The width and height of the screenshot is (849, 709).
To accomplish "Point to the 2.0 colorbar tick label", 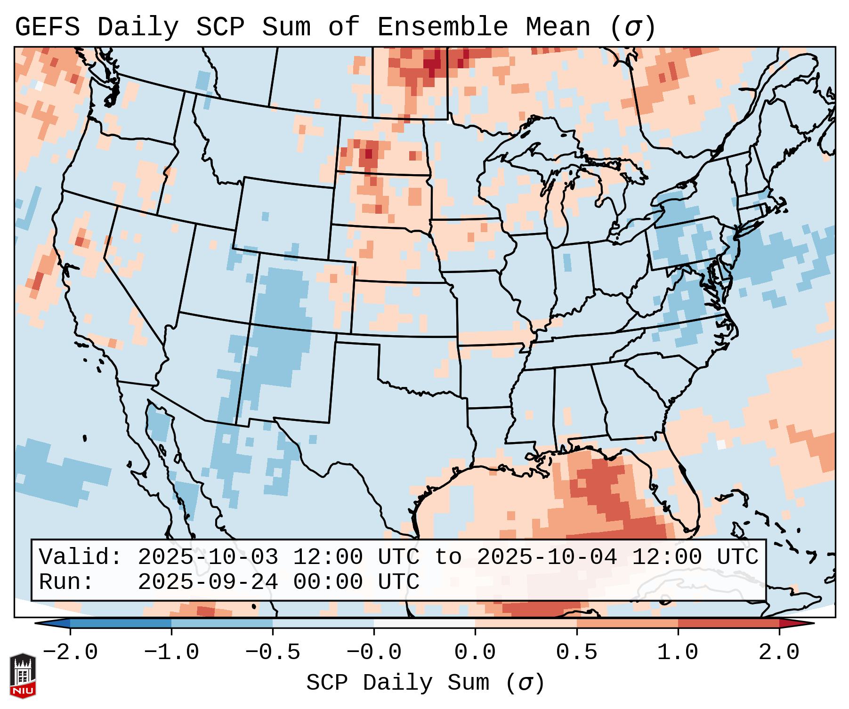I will coord(779,653).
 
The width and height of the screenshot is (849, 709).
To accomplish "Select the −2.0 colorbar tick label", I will coord(70,653).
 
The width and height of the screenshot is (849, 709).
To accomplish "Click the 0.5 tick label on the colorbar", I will coord(576,653).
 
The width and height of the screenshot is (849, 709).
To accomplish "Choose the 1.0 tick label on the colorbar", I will coord(678,653).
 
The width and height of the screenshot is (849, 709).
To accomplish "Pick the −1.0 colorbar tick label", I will coord(171,653).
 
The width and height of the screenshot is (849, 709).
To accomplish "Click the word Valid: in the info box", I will coord(81,557).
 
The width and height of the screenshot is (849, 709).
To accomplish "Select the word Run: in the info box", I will coord(66,582).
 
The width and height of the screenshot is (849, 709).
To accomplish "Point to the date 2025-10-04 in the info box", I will coord(547,557).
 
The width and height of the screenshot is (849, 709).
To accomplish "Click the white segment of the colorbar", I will coord(424,623).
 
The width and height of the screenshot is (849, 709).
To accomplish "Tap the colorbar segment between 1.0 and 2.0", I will coord(728,623).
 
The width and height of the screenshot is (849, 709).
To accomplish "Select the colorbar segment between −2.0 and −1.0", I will coord(121,623).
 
